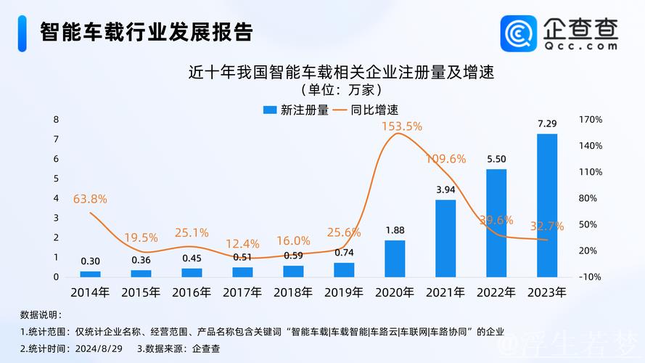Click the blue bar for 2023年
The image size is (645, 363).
[547, 205]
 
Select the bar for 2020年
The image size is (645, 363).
[395, 258]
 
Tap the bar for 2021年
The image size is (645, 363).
[445, 238]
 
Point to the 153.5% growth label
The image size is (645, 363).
[401, 126]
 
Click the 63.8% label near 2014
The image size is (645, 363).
[90, 198]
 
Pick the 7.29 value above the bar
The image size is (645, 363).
[547, 123]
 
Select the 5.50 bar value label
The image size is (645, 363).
[496, 159]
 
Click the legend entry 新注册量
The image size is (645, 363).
[295, 110]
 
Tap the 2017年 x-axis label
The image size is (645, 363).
[242, 292]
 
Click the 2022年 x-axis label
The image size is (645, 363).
[496, 292]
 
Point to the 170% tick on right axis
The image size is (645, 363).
[591, 119]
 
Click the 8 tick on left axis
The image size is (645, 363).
[56, 119]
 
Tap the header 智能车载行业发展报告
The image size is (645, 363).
[145, 32]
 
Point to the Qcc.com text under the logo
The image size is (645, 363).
[580, 45]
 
